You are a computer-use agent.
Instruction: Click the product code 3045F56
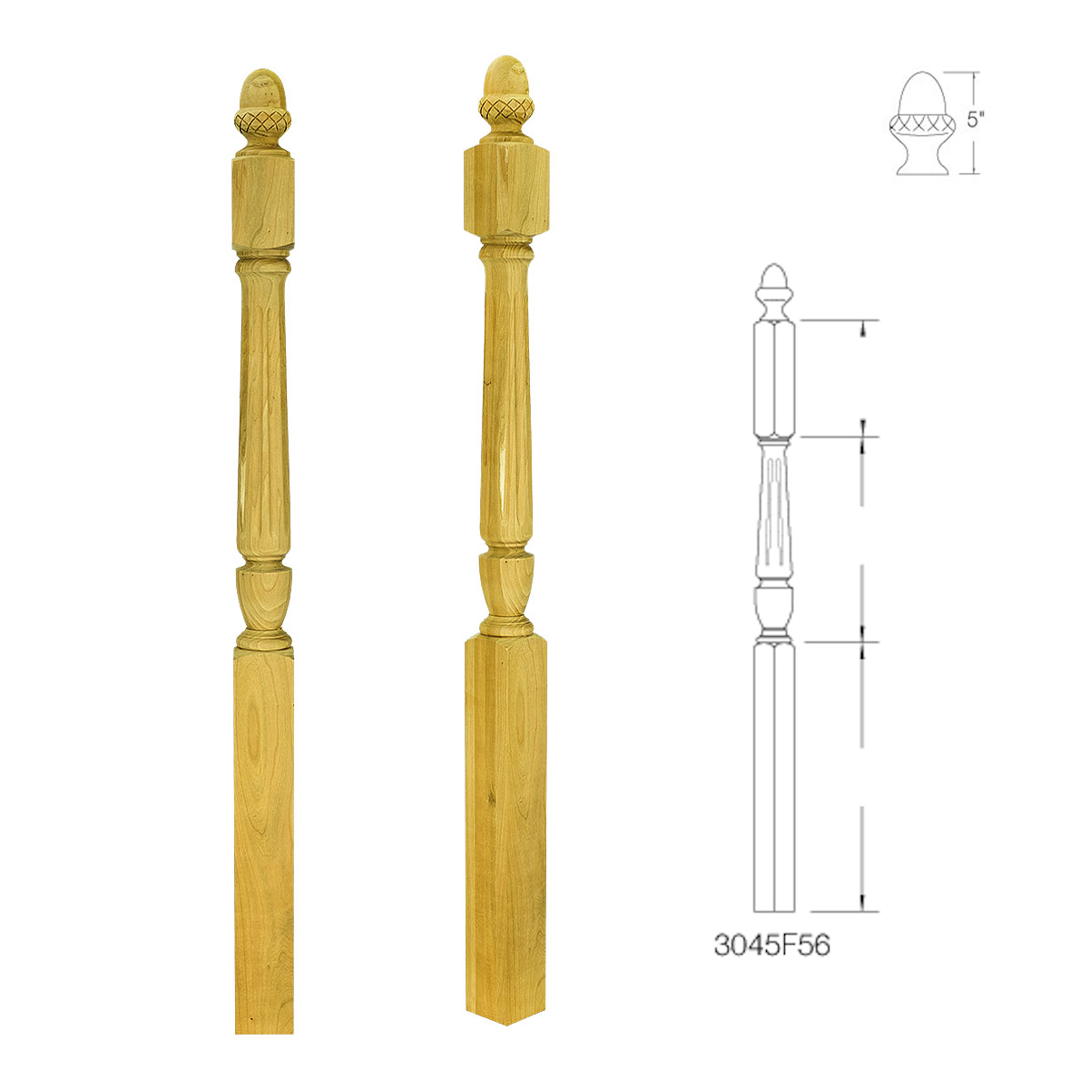click(772, 945)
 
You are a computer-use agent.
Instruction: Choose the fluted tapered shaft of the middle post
click(505, 399)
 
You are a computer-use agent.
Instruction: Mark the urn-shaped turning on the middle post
click(505, 585)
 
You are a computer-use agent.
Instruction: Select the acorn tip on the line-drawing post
click(775, 283)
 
